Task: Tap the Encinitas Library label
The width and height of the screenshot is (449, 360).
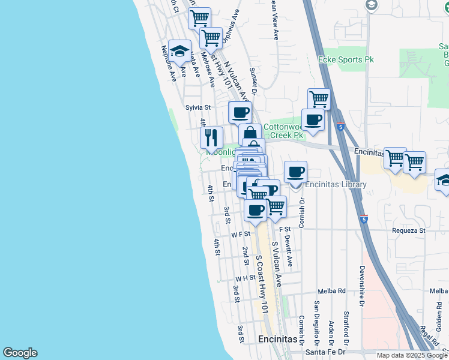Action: tap(335, 185)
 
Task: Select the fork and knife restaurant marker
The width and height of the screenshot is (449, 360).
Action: tap(211, 138)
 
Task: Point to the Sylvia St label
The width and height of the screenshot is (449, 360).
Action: tap(198, 107)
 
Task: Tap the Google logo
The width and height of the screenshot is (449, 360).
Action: tap(20, 353)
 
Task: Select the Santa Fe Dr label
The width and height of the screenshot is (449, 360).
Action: tap(325, 352)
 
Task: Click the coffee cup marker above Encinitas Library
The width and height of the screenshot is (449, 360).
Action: tap(295, 172)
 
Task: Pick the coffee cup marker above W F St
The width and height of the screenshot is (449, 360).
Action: tap(256, 211)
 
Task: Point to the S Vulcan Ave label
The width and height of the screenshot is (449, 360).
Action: tap(277, 263)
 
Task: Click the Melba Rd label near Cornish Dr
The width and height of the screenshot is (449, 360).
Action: tap(333, 290)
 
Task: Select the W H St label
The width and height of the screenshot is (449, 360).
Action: tap(246, 278)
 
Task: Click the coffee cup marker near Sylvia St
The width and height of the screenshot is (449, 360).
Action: tap(240, 112)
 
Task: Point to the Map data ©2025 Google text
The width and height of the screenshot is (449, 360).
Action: tap(412, 355)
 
